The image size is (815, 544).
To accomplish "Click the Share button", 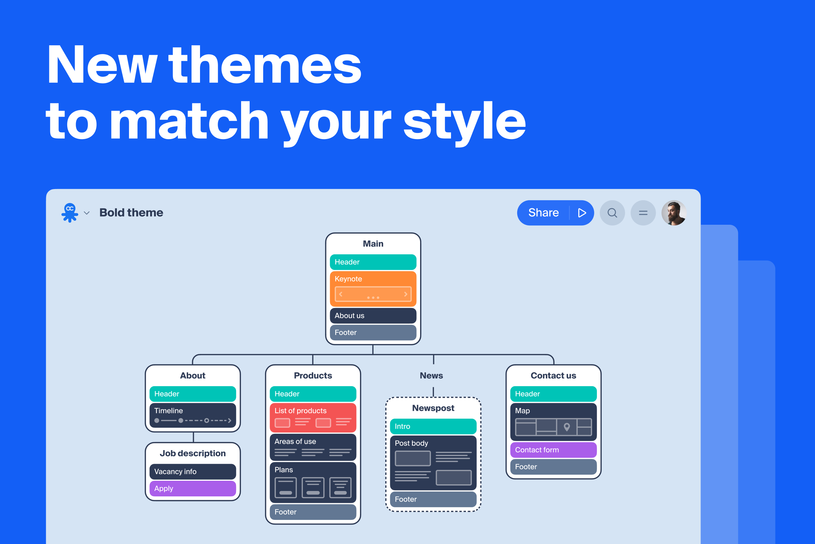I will [x=543, y=213].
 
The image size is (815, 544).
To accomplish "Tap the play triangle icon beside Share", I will [x=582, y=213].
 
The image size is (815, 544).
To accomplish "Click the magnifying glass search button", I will [x=612, y=213].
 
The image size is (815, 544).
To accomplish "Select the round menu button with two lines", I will [x=643, y=213].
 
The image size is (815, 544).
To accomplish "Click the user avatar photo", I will [x=674, y=213].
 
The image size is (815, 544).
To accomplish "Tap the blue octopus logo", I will [x=70, y=212].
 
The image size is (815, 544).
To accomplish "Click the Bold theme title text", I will [x=131, y=212].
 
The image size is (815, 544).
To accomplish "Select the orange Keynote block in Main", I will [x=373, y=288].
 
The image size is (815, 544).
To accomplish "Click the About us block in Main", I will [x=373, y=316].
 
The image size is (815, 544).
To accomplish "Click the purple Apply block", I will [x=193, y=488].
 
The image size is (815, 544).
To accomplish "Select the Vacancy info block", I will [x=193, y=472].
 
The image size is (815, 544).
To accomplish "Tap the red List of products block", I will [x=312, y=417].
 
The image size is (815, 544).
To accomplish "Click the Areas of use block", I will [x=312, y=447].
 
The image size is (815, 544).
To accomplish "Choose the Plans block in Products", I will [x=312, y=482].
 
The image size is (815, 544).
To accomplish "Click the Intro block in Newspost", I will [x=433, y=426].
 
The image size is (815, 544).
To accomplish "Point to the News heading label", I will [x=431, y=375].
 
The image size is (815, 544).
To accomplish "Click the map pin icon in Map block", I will [x=567, y=427].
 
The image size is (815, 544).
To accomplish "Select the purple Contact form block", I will [x=554, y=449].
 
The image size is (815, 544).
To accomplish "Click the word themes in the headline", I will [x=265, y=66].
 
